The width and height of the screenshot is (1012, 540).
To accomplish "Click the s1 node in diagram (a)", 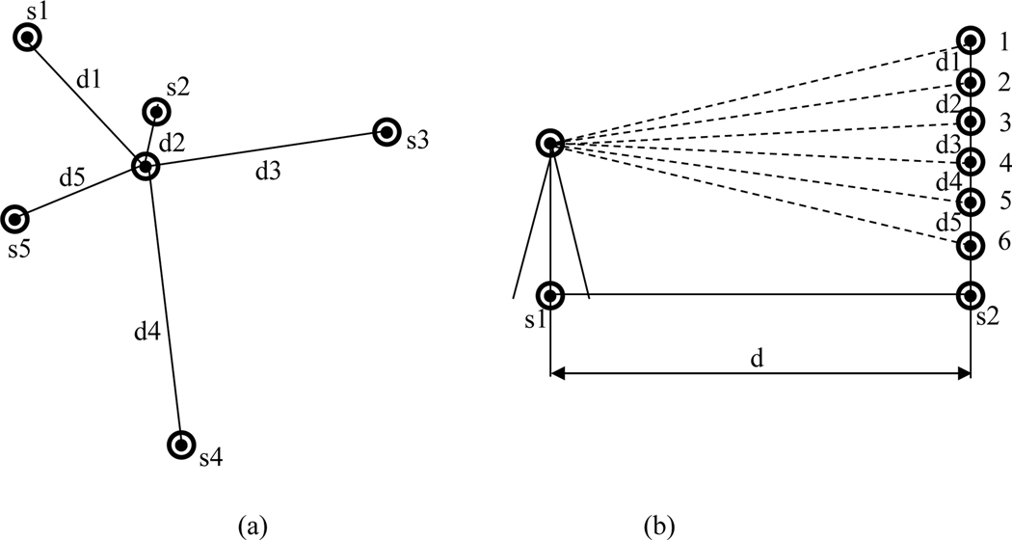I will tap(28, 38).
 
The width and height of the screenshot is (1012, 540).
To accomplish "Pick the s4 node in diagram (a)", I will tap(181, 445).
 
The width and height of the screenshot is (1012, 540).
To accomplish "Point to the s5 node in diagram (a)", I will tap(15, 220).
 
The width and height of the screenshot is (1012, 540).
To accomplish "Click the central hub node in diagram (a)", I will tap(145, 168).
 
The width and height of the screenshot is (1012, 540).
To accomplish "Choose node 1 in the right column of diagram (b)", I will tap(971, 40).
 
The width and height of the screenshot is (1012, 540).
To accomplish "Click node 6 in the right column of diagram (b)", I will tap(971, 245).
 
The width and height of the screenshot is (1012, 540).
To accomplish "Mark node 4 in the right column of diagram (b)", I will tap(971, 161).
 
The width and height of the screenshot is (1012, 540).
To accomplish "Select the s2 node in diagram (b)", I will tap(971, 294).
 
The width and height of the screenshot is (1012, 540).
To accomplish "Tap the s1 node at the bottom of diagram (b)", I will tap(549, 294).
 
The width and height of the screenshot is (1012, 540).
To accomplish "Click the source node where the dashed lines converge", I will tap(549, 144).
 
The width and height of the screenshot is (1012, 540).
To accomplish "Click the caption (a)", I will tap(253, 525).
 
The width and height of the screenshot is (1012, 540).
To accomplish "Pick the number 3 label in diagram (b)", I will tap(1002, 121).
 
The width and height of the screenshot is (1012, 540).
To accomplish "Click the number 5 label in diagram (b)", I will tap(1002, 202).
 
